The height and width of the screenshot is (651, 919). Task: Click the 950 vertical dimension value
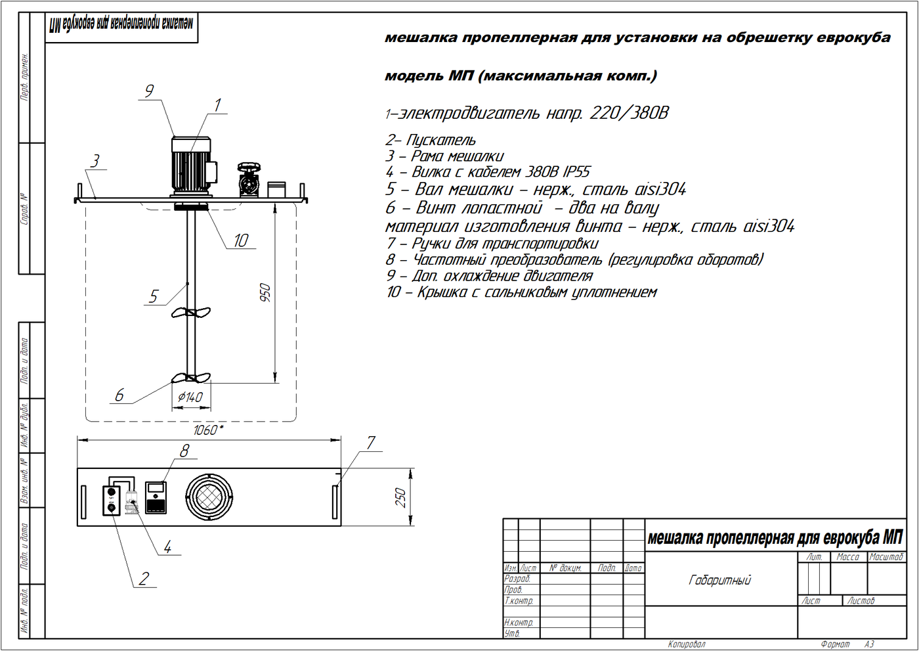[x=265, y=292]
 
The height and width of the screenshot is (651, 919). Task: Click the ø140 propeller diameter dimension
[x=190, y=397]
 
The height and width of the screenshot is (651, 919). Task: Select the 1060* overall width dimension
[x=208, y=430]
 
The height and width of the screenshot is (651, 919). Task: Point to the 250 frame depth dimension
[x=400, y=497]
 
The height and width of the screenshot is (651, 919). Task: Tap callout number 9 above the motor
[x=149, y=91]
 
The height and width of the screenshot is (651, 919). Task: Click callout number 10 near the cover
[x=240, y=240]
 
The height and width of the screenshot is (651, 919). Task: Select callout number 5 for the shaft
[x=154, y=296]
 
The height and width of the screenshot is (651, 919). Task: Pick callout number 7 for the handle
[x=371, y=443]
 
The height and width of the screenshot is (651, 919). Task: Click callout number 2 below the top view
[x=144, y=579]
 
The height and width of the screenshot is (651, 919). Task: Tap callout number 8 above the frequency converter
[x=184, y=451]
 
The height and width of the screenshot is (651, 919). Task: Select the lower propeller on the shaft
[x=191, y=378]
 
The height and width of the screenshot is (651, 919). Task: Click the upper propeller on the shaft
[x=191, y=313]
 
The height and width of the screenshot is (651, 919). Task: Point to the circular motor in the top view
[x=209, y=496]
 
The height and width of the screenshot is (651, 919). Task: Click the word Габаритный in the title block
[x=719, y=580]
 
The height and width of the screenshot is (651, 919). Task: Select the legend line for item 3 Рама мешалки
[x=444, y=156]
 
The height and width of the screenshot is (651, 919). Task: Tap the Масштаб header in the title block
[x=886, y=557]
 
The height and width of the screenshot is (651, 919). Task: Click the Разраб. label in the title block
[x=517, y=579]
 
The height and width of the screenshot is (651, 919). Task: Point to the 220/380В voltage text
[x=629, y=113]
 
